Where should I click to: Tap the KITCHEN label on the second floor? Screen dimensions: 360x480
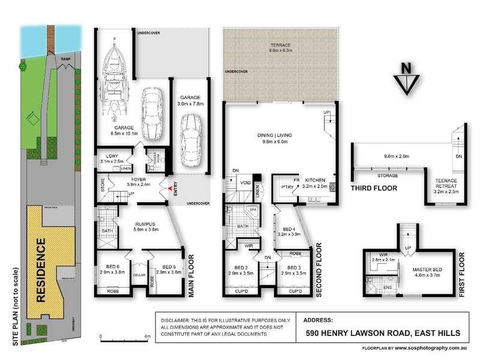pos(316,180)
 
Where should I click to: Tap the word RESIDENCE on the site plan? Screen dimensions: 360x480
pos(41,279)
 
